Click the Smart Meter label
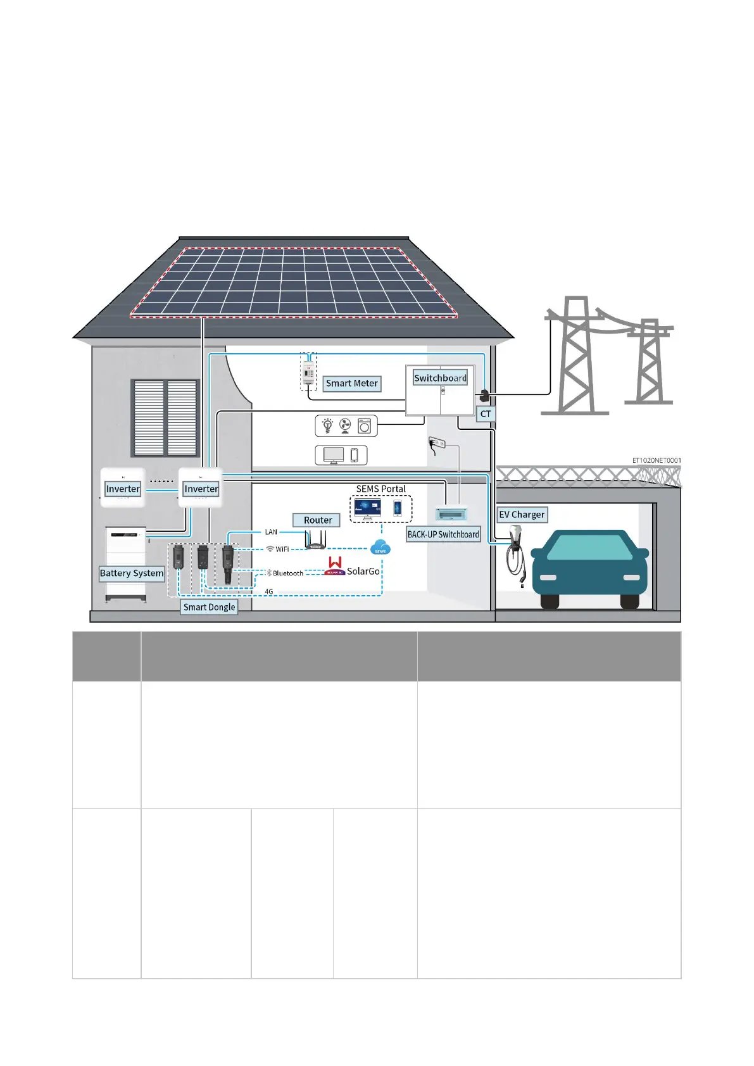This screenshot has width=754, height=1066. coord(351,384)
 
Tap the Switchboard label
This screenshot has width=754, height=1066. coord(440,378)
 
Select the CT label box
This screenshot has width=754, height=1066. coord(486,414)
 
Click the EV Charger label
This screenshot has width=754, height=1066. coord(522,515)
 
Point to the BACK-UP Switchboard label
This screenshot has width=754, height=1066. coord(443,534)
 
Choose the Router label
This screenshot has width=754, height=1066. coord(317,520)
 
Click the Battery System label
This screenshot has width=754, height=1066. coord(132,574)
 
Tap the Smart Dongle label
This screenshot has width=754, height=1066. coord(209,607)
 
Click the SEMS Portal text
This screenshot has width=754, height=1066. coord(380,489)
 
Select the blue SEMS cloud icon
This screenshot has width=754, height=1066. coord(380,548)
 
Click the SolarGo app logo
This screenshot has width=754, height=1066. coord(335,566)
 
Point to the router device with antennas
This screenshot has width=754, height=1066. coord(315,541)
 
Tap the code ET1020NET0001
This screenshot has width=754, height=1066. coord(657,460)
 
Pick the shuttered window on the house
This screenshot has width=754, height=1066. coord(165,418)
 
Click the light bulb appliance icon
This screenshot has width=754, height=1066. coord(327,425)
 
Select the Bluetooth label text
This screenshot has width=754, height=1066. coord(287,574)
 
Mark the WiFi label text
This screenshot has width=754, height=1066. coord(282,549)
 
